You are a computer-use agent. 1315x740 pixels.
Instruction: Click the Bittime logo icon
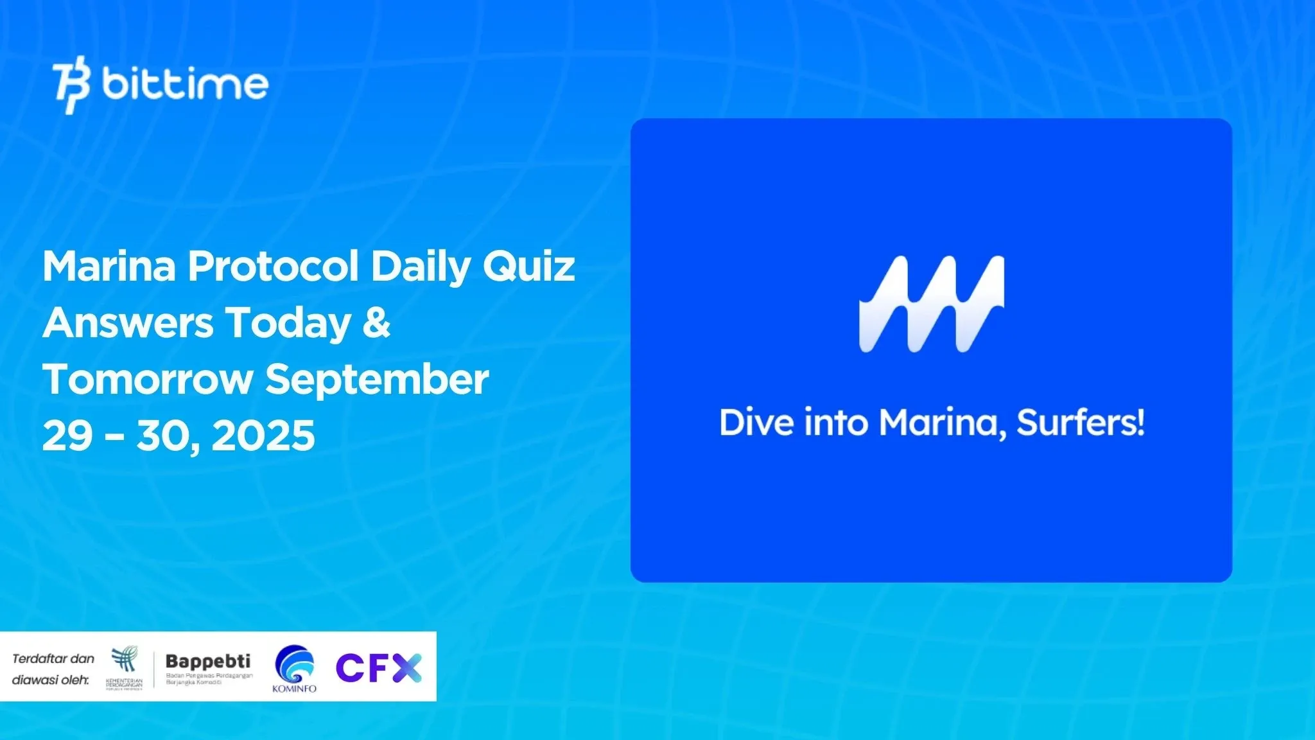click(71, 84)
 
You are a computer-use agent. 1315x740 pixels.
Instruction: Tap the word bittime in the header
click(185, 84)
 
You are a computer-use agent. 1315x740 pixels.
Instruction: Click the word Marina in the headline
click(109, 266)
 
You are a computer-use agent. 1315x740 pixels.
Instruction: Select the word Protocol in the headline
click(273, 266)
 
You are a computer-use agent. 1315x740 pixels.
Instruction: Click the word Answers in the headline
click(128, 322)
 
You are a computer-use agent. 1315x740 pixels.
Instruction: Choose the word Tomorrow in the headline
click(147, 379)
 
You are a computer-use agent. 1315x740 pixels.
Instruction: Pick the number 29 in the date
click(67, 436)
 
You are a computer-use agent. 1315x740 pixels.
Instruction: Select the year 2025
click(263, 436)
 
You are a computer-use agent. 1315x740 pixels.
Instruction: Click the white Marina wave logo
click(931, 304)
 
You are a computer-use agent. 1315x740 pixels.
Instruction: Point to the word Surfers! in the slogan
click(1080, 423)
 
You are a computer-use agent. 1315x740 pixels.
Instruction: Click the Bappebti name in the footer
click(208, 661)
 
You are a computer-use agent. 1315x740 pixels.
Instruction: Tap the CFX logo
click(379, 668)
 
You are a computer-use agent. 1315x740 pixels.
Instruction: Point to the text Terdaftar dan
click(53, 658)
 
